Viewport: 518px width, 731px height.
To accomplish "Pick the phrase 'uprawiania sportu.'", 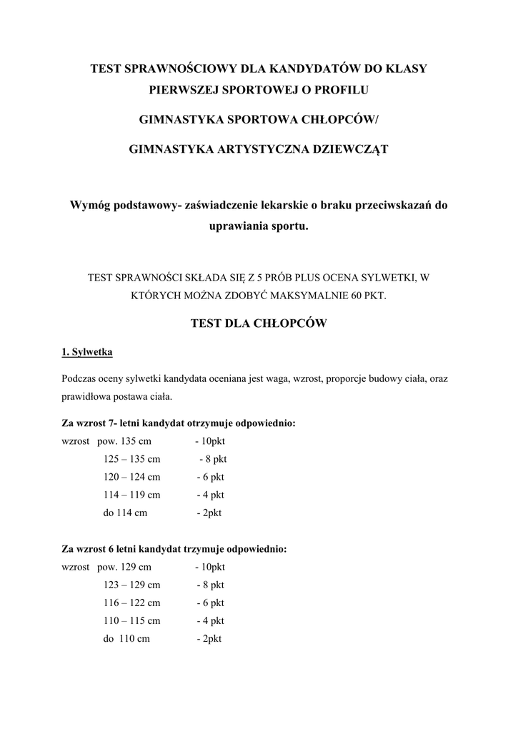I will tap(259, 226).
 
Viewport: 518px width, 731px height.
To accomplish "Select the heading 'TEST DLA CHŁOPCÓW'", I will tap(259, 323).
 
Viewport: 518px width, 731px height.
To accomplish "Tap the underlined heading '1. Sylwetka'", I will tap(86, 352).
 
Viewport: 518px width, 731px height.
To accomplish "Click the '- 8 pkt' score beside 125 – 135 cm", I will tap(212, 459).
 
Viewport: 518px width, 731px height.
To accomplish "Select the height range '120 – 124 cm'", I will tap(131, 477).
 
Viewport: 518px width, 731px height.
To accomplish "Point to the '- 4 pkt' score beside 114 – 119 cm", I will tap(210, 495).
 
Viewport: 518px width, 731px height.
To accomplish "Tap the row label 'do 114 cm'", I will tap(125, 513).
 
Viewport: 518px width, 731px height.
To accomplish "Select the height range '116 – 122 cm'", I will tap(131, 603).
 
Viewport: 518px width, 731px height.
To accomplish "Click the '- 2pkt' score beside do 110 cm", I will tap(209, 639).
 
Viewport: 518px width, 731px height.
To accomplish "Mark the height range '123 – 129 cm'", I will tap(131, 585).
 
